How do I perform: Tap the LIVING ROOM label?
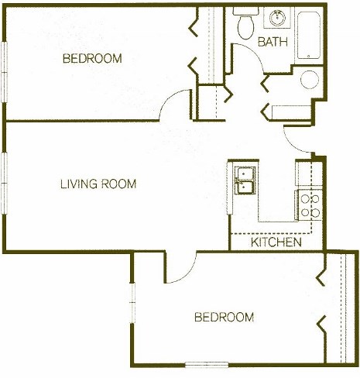(x=98, y=184)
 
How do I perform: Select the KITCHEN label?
(x=276, y=242)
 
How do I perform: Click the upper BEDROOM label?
(x=92, y=59)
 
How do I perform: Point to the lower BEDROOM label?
(x=224, y=317)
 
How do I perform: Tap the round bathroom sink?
(x=276, y=17)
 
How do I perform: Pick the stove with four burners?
(x=310, y=204)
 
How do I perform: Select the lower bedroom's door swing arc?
(x=178, y=270)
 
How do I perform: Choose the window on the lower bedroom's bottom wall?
(x=207, y=364)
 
